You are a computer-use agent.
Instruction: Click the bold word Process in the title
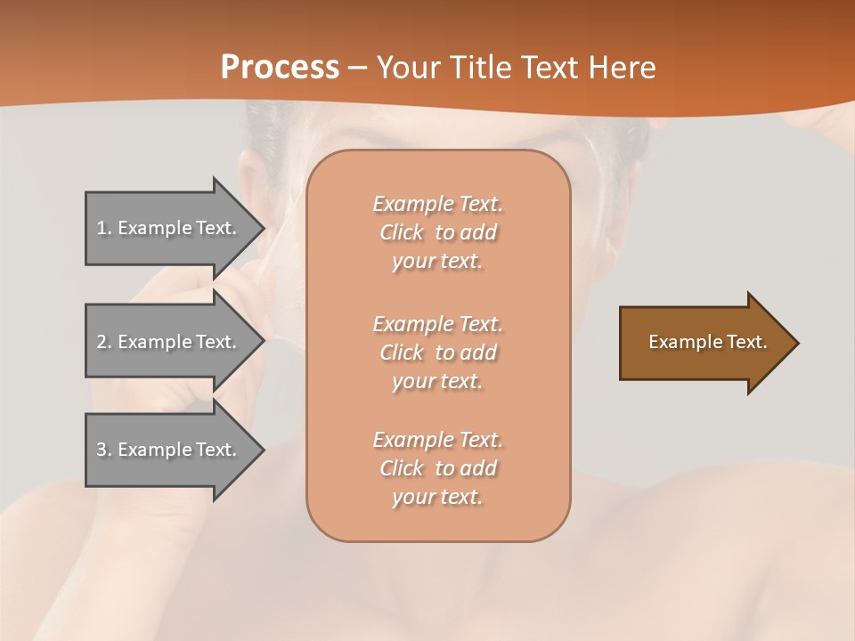pos(280,68)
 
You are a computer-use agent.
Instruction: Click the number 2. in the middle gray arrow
pos(104,342)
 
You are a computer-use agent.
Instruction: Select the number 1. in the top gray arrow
pos(104,228)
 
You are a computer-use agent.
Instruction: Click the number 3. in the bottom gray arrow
pos(104,450)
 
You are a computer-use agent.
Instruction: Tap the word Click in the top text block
pos(402,232)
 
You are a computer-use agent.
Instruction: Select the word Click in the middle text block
pos(402,353)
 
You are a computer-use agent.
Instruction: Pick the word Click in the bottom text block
pos(402,468)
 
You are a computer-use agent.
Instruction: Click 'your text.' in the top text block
pos(437,262)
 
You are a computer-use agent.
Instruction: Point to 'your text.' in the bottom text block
pos(437,498)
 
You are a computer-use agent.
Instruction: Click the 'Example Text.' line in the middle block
pos(437,324)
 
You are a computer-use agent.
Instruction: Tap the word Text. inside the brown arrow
pos(747,342)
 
